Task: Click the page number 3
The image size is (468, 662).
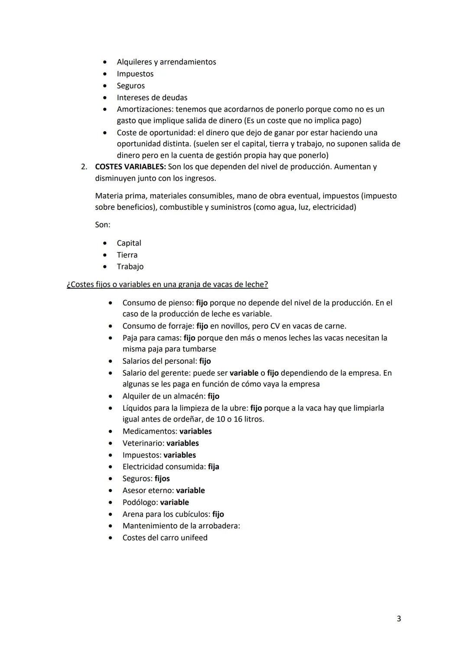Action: pos(399,619)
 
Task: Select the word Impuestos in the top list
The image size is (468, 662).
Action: pos(135,74)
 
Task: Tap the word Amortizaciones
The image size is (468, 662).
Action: pos(145,110)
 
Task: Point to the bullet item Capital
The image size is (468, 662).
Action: pos(129,243)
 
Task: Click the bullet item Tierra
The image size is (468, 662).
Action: pos(127,255)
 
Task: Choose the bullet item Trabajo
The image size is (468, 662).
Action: pos(130,267)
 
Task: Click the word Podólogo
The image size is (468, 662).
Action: pos(140,503)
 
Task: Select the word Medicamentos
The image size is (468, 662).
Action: pos(149,432)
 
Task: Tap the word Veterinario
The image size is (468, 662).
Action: pos(143,443)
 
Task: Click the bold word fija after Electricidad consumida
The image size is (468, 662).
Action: pos(214,467)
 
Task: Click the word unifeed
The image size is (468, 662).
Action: pos(194,538)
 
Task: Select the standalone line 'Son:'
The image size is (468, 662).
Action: pos(103,225)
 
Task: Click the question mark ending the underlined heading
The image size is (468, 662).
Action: pos(266,285)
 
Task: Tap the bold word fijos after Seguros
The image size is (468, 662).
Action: pos(162,479)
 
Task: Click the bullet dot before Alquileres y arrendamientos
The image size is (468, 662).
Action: pos(104,62)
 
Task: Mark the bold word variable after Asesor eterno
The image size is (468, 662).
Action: pos(190,490)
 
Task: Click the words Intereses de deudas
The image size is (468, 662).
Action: pos(152,98)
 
